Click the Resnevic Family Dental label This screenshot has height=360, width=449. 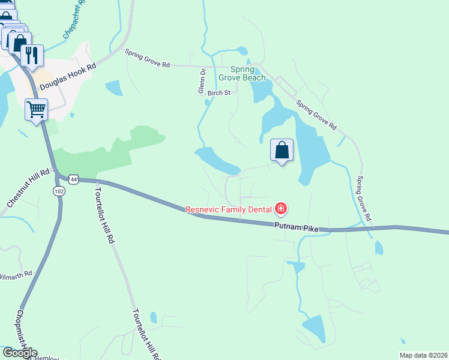(x=229, y=209)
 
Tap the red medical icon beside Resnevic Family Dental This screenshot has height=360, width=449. (x=280, y=209)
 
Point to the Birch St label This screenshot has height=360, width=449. (x=219, y=93)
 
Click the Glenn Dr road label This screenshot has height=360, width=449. (x=202, y=80)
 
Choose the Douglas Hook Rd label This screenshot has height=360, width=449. (x=67, y=78)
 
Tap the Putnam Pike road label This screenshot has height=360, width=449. (x=295, y=226)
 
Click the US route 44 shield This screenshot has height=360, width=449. (x=73, y=179)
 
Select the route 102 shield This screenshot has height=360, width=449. (x=58, y=191)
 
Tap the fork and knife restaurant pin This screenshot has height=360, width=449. (x=32, y=55)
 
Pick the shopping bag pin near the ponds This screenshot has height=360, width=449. (x=282, y=150)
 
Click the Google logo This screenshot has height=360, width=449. (x=19, y=352)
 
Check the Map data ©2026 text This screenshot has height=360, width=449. (x=423, y=355)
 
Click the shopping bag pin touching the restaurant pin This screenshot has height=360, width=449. (x=19, y=42)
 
